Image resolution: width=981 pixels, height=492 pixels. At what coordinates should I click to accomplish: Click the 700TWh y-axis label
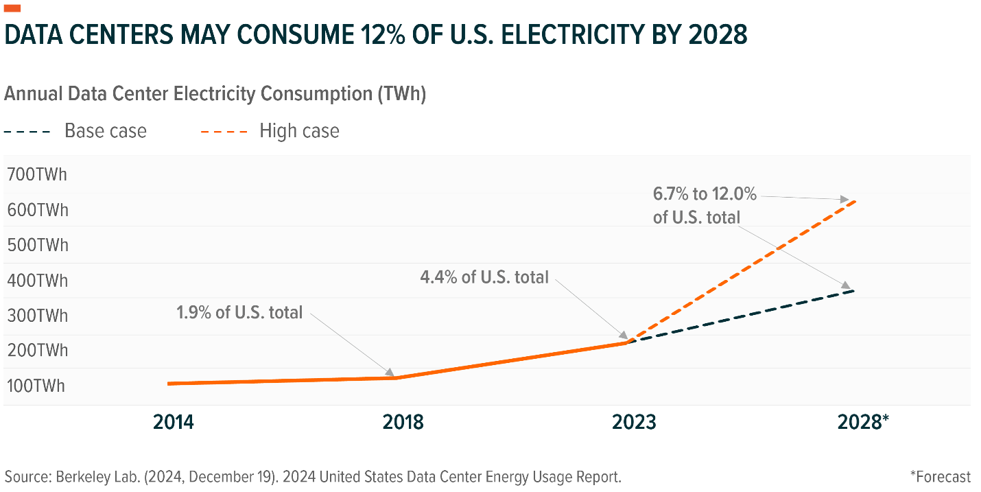click(37, 174)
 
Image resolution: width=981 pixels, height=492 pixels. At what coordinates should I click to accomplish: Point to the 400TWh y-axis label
click(37, 280)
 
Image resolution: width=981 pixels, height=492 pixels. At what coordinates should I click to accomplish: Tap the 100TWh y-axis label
click(37, 386)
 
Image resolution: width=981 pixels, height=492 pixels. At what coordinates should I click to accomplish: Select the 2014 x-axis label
click(174, 421)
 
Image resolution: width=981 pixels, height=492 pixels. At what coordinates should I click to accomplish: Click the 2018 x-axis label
click(403, 421)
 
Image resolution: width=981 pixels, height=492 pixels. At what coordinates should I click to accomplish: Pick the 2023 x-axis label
click(634, 421)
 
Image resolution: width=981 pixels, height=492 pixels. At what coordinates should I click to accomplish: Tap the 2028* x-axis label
click(864, 421)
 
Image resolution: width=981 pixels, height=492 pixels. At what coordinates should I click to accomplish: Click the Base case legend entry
click(106, 131)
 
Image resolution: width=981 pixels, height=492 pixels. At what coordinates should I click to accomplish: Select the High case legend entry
click(299, 131)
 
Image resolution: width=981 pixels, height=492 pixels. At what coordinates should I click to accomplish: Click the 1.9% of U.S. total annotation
click(239, 313)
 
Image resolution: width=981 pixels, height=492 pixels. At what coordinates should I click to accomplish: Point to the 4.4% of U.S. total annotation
click(484, 277)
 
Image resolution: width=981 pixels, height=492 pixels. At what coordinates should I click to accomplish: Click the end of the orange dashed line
click(855, 201)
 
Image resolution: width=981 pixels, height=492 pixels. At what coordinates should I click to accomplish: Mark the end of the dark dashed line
click(855, 291)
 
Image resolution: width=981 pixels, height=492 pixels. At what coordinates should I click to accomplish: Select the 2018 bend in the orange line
click(398, 377)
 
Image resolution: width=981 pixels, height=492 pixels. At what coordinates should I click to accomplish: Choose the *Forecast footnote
click(941, 476)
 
